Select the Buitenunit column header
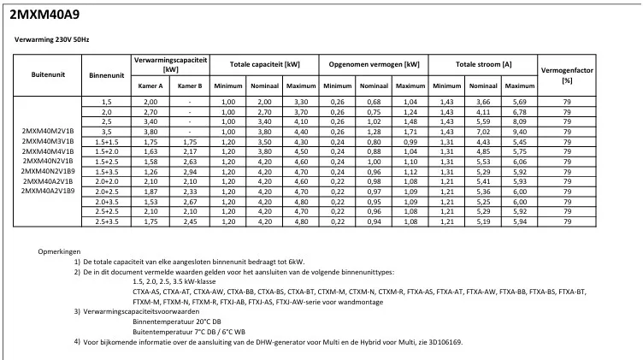tap(48, 75)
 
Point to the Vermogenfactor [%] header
tap(567, 75)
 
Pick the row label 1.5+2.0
tap(108, 150)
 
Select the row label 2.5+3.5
tap(108, 221)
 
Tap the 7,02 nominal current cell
tap(483, 133)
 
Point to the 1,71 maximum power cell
tap(410, 133)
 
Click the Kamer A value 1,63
tap(150, 150)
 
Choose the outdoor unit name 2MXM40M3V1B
tap(48, 140)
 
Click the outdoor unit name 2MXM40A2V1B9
tap(48, 191)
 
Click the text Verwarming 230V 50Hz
tap(52, 39)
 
